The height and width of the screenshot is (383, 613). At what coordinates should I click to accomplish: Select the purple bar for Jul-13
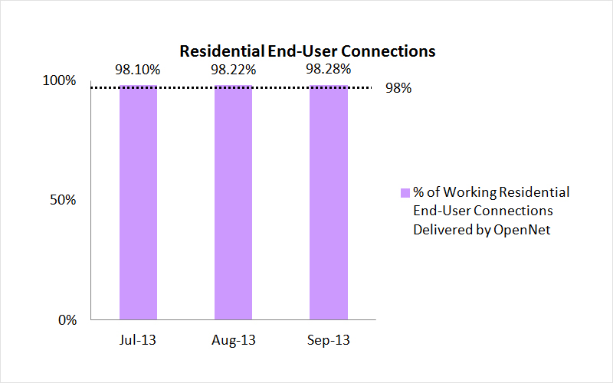(138, 202)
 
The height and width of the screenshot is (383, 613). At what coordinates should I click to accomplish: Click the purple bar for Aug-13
(234, 202)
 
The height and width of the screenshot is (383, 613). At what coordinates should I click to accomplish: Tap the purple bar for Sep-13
(329, 202)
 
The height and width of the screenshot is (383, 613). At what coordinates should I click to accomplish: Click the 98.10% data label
(138, 70)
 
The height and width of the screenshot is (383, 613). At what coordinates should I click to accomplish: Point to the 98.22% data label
(234, 70)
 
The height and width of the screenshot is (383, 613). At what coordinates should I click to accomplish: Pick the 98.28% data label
(329, 70)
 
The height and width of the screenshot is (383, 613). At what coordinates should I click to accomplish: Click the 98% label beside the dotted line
(398, 88)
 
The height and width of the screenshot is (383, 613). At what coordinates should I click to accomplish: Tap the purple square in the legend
(405, 192)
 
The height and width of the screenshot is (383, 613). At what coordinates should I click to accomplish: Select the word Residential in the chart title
(215, 51)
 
